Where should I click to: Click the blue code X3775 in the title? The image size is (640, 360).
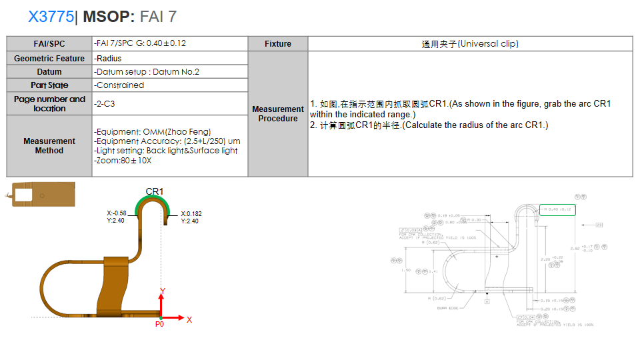[51, 17]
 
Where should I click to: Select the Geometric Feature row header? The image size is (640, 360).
[49, 59]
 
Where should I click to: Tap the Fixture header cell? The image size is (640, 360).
[277, 44]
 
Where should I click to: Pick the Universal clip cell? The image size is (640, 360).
[470, 44]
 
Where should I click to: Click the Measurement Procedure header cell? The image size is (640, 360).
[277, 114]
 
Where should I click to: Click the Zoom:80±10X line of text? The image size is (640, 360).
[123, 161]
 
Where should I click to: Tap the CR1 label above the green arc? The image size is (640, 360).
[155, 192]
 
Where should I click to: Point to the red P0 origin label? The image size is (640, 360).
[159, 325]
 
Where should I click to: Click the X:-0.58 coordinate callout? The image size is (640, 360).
[117, 217]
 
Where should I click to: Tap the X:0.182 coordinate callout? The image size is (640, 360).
[191, 217]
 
